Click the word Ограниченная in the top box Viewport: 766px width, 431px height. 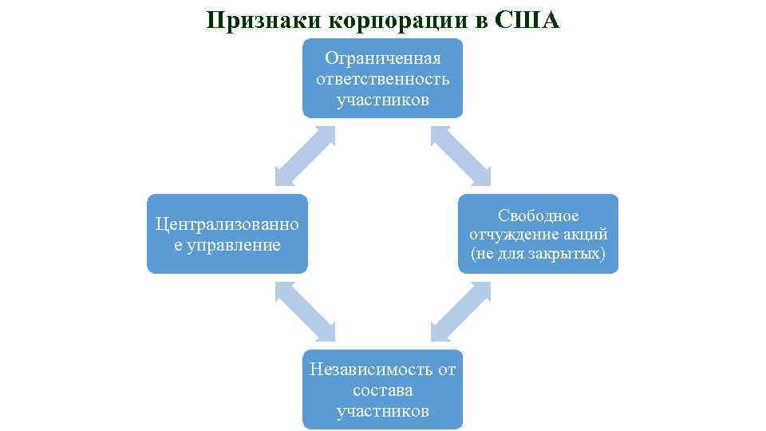(383, 58)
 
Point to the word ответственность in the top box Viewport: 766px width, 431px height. (383, 79)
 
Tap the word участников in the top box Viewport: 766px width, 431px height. (383, 100)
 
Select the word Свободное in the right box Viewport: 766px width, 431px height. (539, 215)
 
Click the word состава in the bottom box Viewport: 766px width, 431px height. (383, 390)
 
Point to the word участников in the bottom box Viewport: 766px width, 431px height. (383, 411)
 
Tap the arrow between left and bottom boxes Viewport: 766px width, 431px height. (305, 312)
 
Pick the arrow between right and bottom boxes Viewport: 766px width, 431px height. (460, 312)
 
